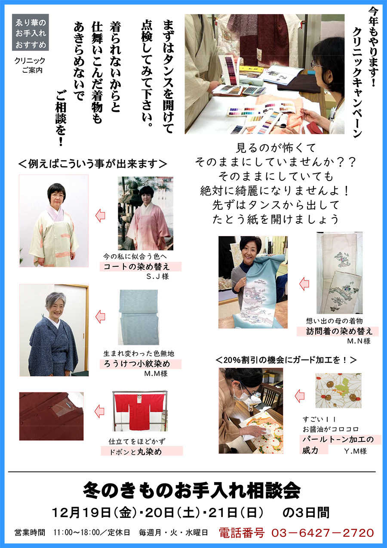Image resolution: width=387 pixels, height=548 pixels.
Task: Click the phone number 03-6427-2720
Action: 322,533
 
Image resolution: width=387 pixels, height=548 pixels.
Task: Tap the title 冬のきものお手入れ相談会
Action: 192,491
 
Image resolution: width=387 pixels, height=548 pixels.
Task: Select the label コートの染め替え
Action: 136,267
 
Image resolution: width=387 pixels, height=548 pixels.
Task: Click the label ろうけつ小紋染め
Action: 137,364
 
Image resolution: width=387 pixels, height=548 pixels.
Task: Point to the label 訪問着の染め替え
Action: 339,331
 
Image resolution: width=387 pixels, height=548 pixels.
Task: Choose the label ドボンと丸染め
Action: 135,452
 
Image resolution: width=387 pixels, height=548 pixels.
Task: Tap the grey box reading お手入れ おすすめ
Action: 31,32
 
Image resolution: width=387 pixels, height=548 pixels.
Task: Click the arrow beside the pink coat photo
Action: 100,216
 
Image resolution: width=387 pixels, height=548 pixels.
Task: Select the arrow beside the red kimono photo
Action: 99,411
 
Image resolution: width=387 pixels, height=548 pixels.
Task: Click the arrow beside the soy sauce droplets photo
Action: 300,396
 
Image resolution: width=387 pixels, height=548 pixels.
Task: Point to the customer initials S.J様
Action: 157,277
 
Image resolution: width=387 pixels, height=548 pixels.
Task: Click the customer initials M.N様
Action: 359,341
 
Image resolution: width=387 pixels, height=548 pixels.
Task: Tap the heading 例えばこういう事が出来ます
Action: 93,164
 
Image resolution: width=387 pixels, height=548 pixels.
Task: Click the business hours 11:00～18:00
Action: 77,533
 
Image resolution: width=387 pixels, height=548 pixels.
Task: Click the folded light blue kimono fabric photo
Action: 139,317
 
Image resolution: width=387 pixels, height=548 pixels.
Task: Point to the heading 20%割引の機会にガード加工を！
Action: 286,360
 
